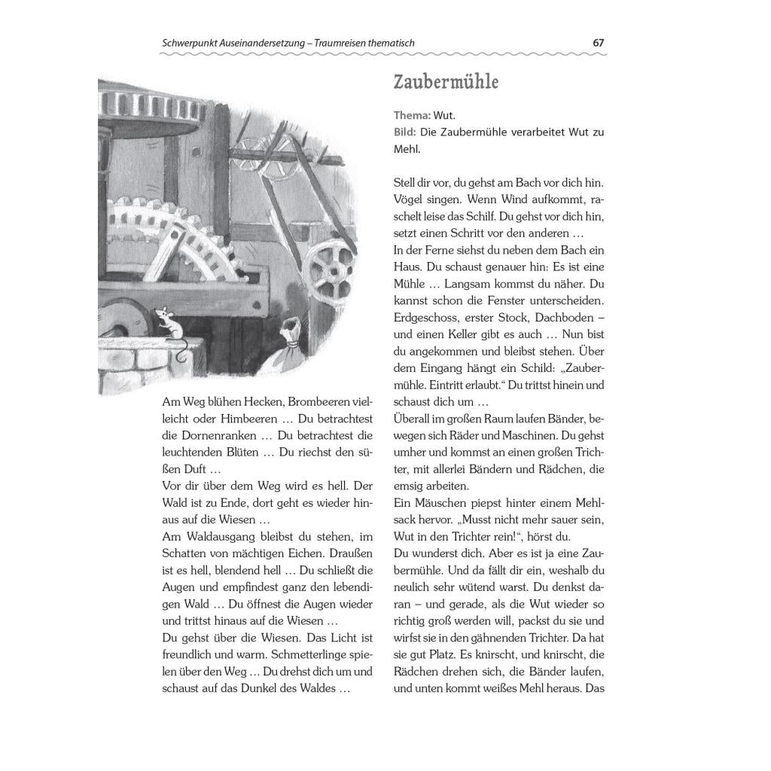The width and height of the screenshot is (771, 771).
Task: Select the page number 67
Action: pos(599,43)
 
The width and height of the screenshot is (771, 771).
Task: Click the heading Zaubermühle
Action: pos(446,81)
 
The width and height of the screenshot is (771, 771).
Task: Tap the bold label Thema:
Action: pos(412,115)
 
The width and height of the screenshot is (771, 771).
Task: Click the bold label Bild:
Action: pos(405,133)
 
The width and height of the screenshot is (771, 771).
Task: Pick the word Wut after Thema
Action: pos(445,115)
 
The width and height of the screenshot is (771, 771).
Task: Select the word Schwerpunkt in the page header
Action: pos(189,43)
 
